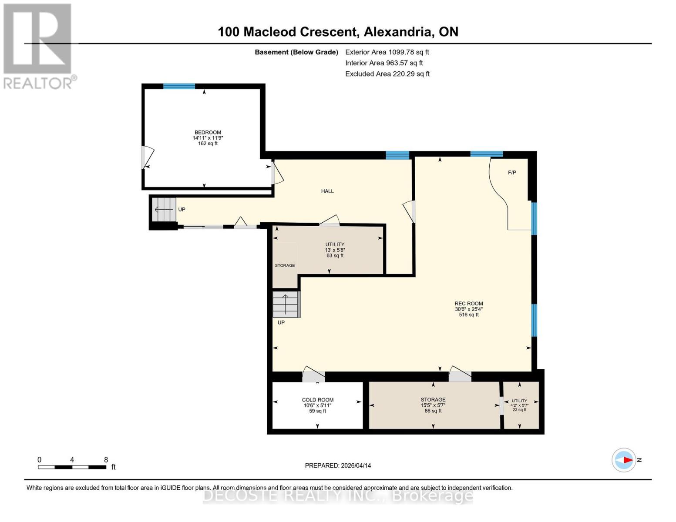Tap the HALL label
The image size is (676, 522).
pyautogui.click(x=327, y=191)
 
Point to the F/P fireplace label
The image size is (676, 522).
pyautogui.click(x=512, y=173)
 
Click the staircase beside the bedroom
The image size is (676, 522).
pyautogui.click(x=164, y=209)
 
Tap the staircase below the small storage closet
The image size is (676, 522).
pyautogui.click(x=286, y=304)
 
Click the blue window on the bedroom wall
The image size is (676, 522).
pyautogui.click(x=179, y=86)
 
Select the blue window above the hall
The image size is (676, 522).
pyautogui.click(x=397, y=155)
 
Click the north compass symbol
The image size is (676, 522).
pyautogui.click(x=624, y=460)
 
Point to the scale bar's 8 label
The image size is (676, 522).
pyautogui.click(x=106, y=460)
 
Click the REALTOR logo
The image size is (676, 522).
pyautogui.click(x=38, y=46)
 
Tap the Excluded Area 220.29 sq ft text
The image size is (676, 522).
pyautogui.click(x=387, y=74)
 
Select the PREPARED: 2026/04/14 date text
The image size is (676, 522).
pyautogui.click(x=338, y=465)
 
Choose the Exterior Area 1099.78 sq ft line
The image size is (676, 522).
pyautogui.click(x=387, y=52)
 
